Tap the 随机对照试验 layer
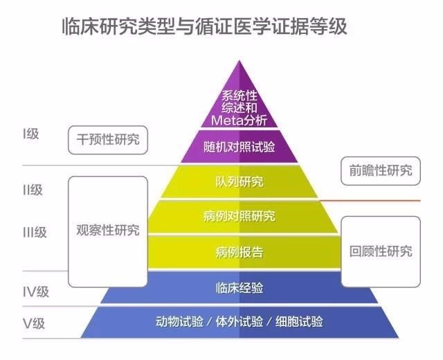coord(239,147)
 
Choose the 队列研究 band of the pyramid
coord(239,182)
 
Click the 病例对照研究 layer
coord(239,217)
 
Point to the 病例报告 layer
coord(239,251)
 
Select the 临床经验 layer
coord(239,287)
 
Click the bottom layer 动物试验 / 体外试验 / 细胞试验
coord(239,322)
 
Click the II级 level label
coord(33,190)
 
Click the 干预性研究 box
coord(108,139)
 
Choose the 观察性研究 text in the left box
coord(108,230)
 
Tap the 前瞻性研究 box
coord(381,170)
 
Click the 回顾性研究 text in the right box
coord(381,251)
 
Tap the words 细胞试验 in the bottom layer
coord(298,322)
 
